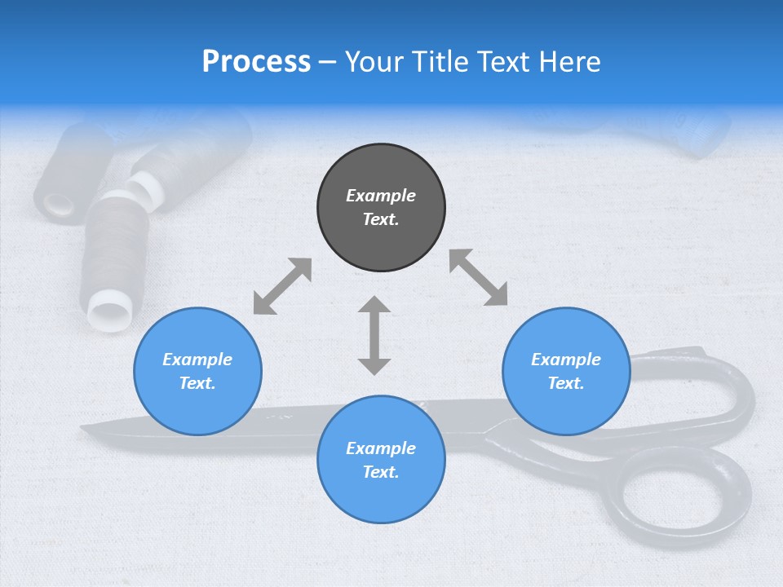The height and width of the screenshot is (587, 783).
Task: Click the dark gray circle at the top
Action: coord(381,208)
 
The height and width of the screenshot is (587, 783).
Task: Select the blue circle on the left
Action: coord(197,371)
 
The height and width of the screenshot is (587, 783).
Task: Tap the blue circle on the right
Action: coord(566,371)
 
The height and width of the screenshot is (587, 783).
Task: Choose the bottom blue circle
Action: coord(381,460)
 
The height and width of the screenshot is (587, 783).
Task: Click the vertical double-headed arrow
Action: coord(374,335)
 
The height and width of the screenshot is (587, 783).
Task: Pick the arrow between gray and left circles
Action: coord(282,286)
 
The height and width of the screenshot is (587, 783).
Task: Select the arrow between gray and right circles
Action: coord(478,277)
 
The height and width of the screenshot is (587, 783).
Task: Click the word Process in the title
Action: coord(256,62)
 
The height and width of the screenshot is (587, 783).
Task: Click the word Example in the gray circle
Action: coord(381,196)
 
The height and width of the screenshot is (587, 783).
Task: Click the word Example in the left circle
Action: coord(197,360)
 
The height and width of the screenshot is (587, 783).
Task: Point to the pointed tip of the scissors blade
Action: coord(84,427)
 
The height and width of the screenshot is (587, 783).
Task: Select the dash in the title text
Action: coord(328,62)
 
